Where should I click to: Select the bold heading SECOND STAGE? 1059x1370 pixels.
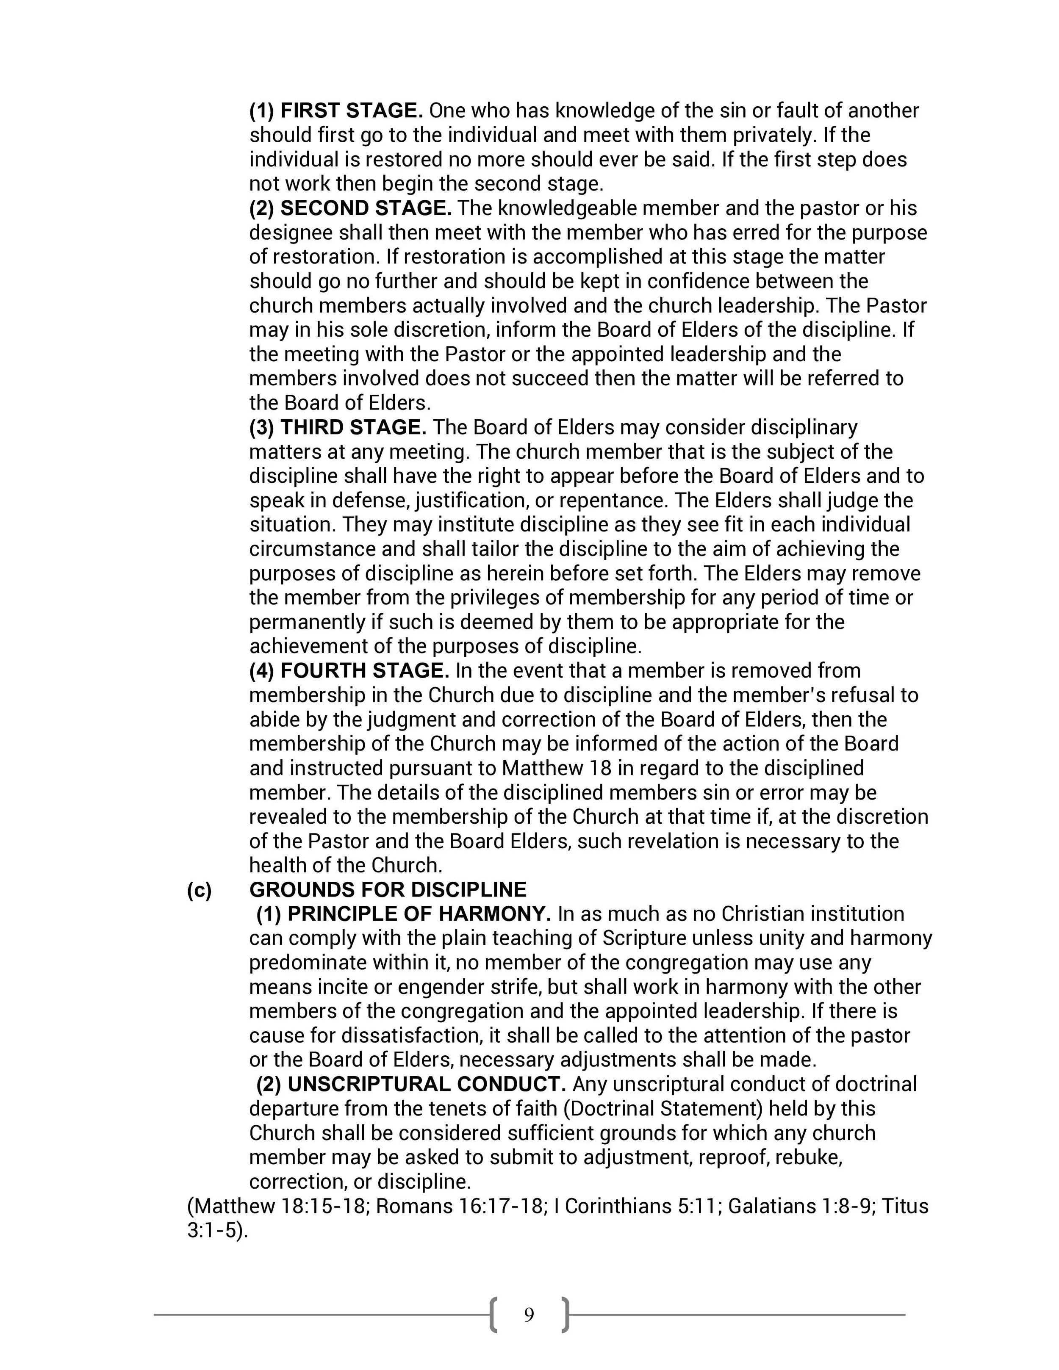[366, 208]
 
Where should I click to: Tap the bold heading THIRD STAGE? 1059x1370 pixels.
[353, 428]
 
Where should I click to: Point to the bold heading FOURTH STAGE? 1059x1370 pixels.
[364, 671]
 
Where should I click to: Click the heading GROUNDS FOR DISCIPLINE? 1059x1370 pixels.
[388, 890]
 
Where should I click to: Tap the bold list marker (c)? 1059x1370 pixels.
[199, 890]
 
